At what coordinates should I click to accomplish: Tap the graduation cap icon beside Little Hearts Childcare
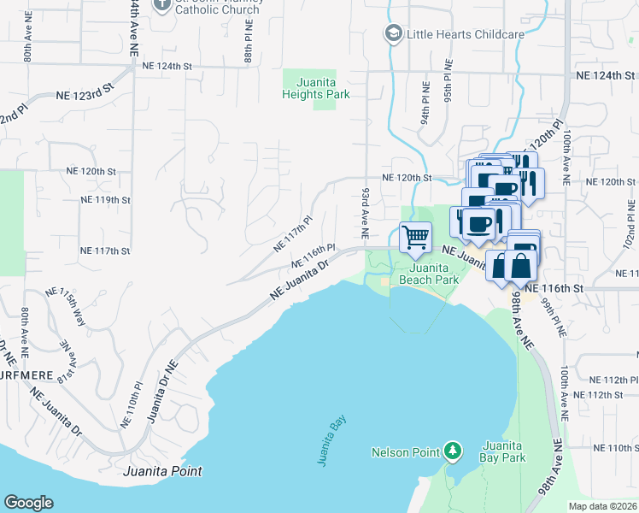coord(393,33)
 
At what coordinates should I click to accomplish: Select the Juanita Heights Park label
coord(316,89)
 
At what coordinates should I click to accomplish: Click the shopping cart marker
coord(415,237)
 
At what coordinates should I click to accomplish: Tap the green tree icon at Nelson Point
coord(452,451)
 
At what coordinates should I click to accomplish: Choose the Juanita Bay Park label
coord(503,451)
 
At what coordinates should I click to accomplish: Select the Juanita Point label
coord(162,471)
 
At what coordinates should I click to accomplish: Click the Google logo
coord(28,503)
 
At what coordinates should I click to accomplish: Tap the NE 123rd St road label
coord(85,95)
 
